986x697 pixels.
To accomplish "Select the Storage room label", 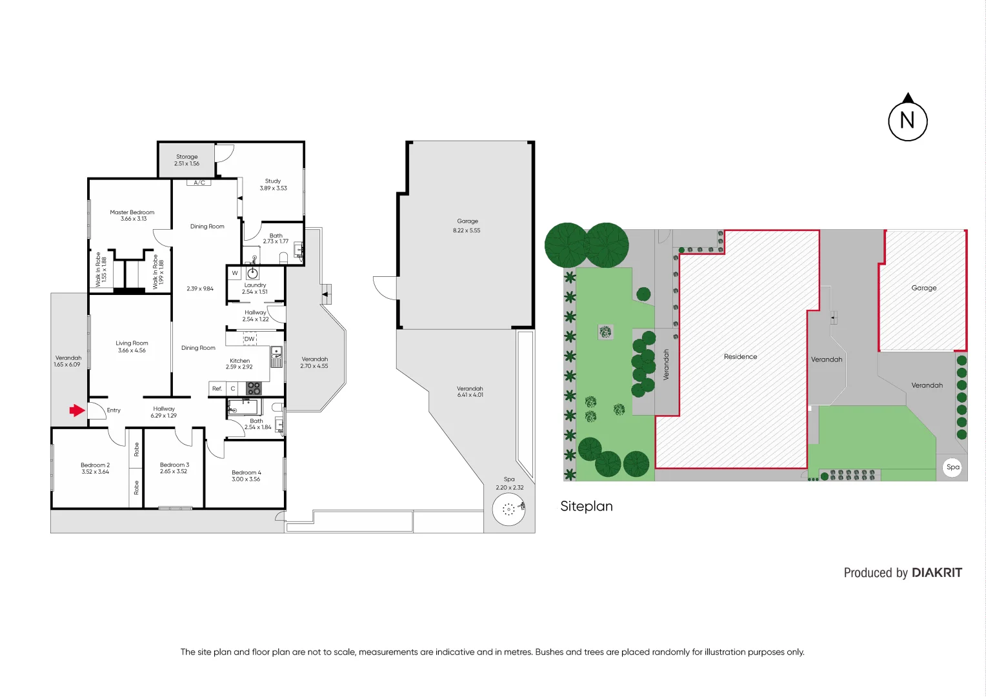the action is tap(187, 157).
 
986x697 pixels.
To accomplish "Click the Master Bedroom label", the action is tap(132, 212).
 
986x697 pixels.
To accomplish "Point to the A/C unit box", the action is tap(199, 183).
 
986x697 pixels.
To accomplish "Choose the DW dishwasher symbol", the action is tap(250, 339).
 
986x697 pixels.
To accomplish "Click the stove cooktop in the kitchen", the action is tap(254, 389).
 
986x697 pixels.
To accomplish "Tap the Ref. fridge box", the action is tap(217, 389).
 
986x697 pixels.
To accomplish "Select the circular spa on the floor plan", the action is tap(508, 510).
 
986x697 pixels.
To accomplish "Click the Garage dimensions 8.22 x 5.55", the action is tap(467, 230).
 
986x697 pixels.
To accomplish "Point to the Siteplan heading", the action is tap(586, 507).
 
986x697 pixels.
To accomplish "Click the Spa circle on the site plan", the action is tap(952, 467).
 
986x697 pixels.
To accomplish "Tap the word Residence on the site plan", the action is tap(740, 357).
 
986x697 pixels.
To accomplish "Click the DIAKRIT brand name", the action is tap(936, 573).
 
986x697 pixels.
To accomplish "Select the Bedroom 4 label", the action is tap(246, 472).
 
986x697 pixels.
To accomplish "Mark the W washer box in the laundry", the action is tap(235, 273).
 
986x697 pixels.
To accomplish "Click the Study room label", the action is tap(273, 181).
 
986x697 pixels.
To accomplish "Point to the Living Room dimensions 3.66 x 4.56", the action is tap(132, 350).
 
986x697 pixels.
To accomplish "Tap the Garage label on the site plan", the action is tap(923, 288).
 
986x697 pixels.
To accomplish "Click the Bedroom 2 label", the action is tap(95, 465).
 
